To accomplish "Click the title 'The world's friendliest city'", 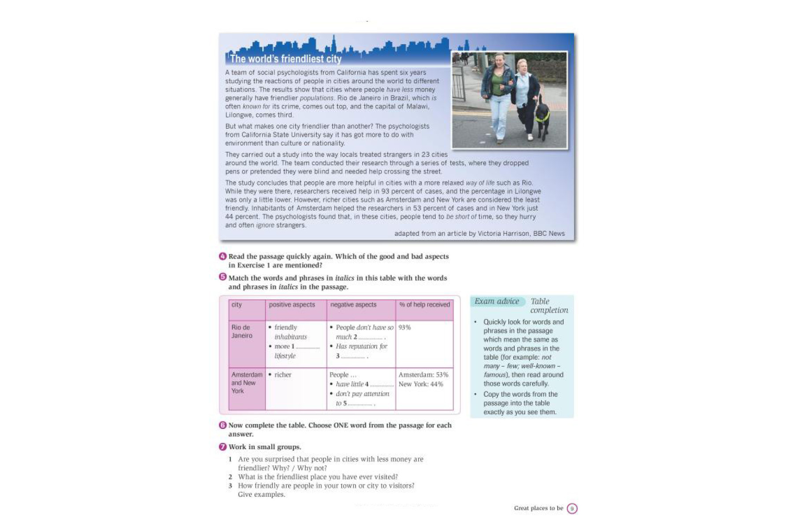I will tap(285, 59).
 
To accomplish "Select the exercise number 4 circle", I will tap(223, 257).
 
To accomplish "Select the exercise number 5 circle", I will tap(223, 277).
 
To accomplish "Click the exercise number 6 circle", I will tap(223, 425).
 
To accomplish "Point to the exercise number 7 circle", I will tap(223, 447).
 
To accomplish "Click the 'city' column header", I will tap(237, 305).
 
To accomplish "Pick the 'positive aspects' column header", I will tap(292, 305).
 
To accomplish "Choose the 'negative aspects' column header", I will tap(353, 305).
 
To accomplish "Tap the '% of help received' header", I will tap(424, 305).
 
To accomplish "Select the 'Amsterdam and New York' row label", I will tap(246, 383).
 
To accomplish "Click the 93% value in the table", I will tap(404, 328).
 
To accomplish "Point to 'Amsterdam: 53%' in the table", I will tap(423, 375).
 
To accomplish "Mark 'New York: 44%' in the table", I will tap(421, 384).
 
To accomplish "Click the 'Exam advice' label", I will tap(497, 302).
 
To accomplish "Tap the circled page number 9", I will tap(572, 508).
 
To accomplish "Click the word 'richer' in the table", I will tap(283, 375).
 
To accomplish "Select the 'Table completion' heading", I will tap(548, 305).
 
